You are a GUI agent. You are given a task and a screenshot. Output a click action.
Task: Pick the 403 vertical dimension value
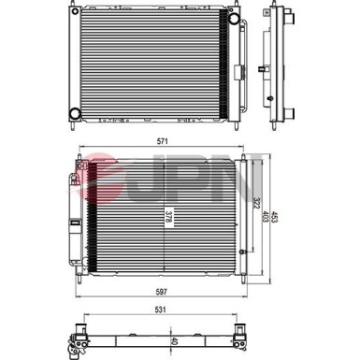coord(266,218)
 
